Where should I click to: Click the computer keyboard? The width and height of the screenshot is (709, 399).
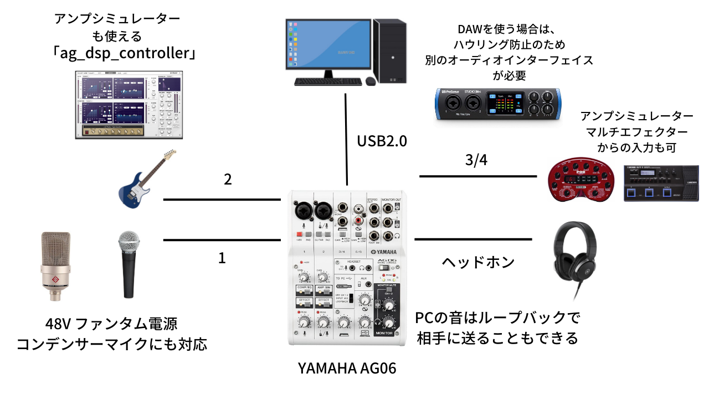[329, 81]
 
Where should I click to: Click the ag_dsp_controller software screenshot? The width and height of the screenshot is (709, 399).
[131, 105]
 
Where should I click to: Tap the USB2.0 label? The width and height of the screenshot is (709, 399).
[382, 141]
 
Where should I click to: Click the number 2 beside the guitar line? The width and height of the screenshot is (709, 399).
[227, 180]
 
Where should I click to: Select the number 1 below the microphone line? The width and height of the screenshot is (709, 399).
[222, 258]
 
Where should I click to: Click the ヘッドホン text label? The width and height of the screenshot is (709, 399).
[478, 262]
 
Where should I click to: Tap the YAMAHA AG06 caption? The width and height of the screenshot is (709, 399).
[347, 367]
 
